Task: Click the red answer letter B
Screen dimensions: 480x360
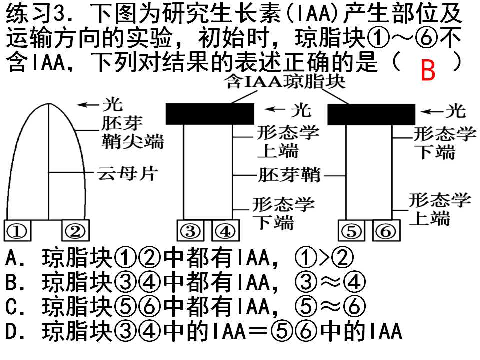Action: coord(428,70)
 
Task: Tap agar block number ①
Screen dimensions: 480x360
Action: coord(17,230)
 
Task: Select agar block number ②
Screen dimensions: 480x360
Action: coord(75,230)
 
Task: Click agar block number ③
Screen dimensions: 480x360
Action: coord(190,230)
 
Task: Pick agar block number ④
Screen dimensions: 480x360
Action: coord(225,230)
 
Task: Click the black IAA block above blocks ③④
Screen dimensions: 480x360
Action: coord(210,114)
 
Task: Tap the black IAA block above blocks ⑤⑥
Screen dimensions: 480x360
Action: coord(371,114)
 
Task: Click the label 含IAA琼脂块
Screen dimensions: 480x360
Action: coord(285,82)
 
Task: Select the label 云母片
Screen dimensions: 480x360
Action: coord(127,174)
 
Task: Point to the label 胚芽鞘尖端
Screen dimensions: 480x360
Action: coord(132,132)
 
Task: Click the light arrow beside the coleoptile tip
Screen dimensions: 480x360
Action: coord(89,105)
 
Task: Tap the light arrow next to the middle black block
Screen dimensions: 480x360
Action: coord(276,109)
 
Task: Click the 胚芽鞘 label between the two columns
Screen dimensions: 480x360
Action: coord(289,175)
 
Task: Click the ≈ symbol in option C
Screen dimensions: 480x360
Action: coord(330,306)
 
